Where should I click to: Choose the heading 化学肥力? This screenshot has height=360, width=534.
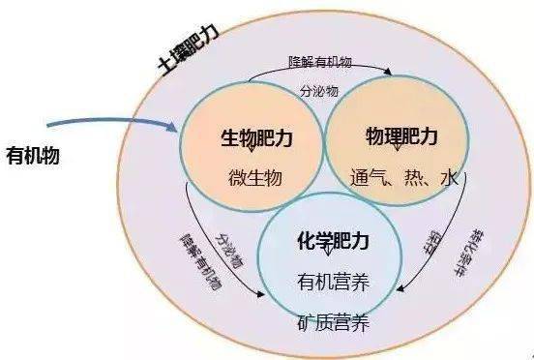(334, 238)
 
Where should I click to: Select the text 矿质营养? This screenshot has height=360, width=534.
(334, 319)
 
